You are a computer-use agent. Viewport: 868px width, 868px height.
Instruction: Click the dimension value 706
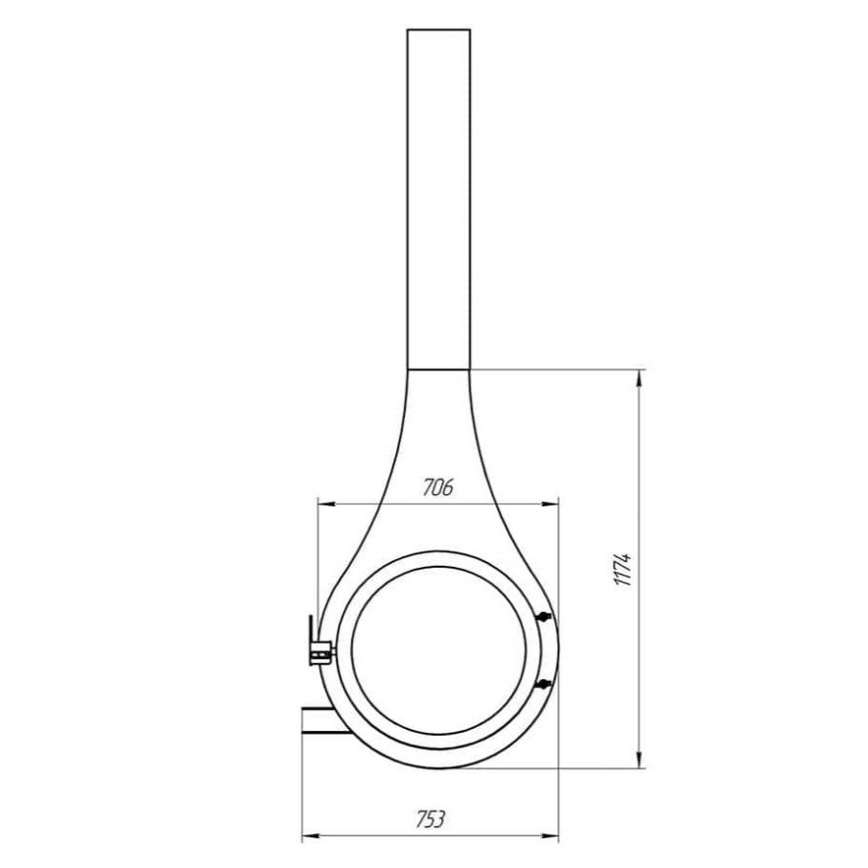(438, 486)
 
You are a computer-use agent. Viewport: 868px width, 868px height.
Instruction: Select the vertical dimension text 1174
(622, 569)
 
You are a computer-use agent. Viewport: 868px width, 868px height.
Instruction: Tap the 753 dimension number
(430, 819)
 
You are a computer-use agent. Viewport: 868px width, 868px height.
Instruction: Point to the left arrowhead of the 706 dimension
(327, 504)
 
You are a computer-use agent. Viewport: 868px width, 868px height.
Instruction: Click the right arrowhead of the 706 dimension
(550, 504)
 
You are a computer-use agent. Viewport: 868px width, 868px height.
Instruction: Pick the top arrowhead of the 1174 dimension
(640, 379)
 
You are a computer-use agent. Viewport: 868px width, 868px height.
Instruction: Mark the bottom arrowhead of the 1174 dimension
(640, 759)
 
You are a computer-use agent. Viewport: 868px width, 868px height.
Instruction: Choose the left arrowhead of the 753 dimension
(311, 835)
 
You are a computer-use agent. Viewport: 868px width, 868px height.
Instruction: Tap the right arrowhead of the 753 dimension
(550, 835)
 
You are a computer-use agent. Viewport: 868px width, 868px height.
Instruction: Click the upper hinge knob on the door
(544, 616)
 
